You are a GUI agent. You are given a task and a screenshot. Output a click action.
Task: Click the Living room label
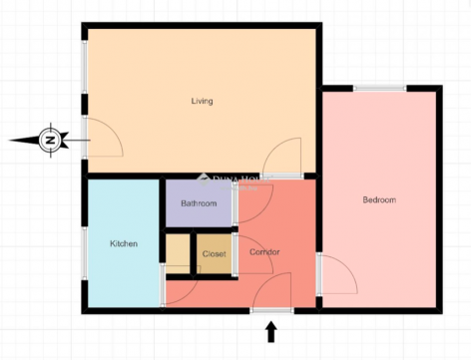(202, 101)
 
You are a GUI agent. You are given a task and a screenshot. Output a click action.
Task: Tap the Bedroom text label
(379, 199)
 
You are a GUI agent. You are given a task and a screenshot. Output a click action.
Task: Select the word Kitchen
(124, 243)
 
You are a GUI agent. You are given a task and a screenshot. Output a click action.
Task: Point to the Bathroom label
(199, 203)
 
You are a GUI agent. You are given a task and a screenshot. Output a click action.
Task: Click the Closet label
(214, 254)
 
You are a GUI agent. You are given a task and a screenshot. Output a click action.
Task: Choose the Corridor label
(264, 252)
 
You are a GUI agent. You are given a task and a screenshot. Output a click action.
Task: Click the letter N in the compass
(50, 140)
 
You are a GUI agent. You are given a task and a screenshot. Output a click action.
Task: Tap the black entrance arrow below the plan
(271, 331)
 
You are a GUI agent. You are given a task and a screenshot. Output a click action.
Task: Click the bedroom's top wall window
(380, 88)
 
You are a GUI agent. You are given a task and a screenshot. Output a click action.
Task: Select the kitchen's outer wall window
(85, 253)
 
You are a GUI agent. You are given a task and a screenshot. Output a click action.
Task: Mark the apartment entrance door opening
(271, 310)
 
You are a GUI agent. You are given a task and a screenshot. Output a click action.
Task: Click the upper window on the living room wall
(85, 67)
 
